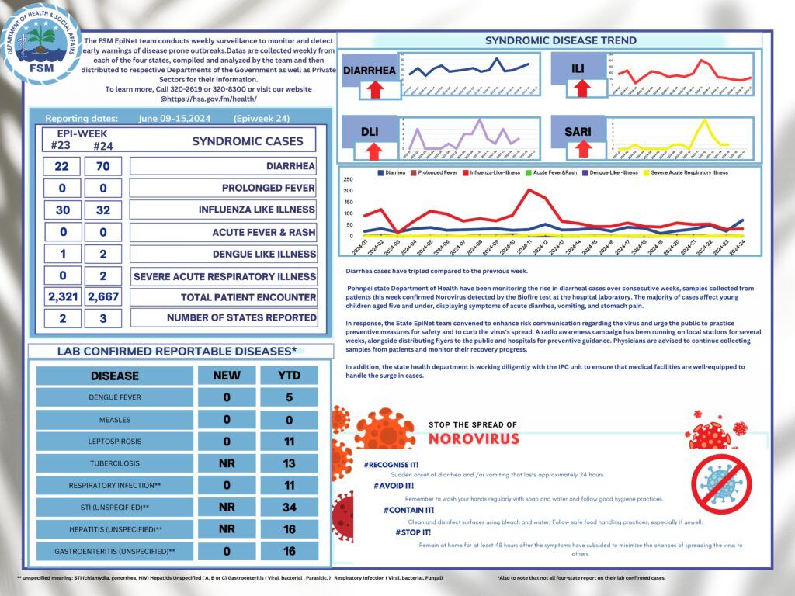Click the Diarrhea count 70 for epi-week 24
pyautogui.click(x=101, y=166)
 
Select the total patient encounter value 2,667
pyautogui.click(x=101, y=296)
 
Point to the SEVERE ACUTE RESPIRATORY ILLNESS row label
pyautogui.click(x=224, y=276)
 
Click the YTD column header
pyautogui.click(x=289, y=376)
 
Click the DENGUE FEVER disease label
pyautogui.click(x=115, y=398)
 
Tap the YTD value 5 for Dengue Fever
pyautogui.click(x=289, y=398)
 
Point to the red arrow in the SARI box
pyautogui.click(x=584, y=148)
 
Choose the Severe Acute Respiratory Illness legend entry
pyautogui.click(x=689, y=172)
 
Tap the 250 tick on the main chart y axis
pyautogui.click(x=349, y=178)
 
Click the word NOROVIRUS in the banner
pyautogui.click(x=473, y=438)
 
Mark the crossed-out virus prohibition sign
pyautogui.click(x=721, y=479)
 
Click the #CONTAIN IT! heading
pyautogui.click(x=408, y=510)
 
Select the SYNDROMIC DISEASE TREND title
pyautogui.click(x=560, y=40)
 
